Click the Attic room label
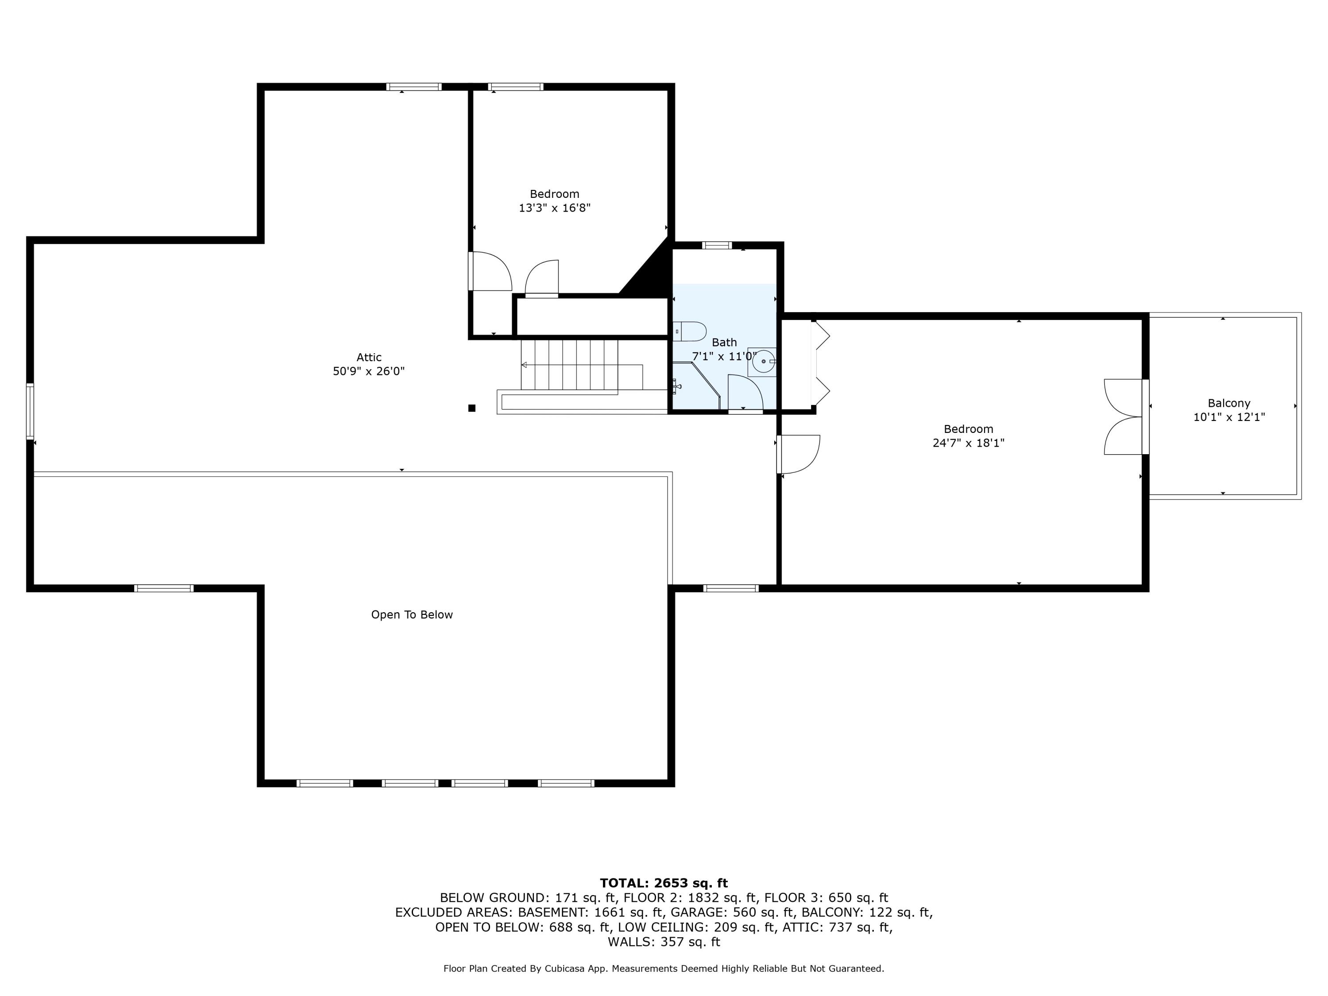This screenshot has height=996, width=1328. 369,357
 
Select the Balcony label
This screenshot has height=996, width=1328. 1229,403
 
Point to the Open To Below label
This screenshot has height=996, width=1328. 412,615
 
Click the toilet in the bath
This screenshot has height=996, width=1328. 689,332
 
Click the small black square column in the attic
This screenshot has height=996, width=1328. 472,408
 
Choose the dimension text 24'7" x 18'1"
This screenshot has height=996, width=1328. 969,444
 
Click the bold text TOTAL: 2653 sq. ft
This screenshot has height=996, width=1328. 664,883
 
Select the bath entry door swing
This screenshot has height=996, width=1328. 745,393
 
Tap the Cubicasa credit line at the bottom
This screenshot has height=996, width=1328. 664,969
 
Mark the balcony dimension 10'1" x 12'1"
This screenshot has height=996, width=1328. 1229,417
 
